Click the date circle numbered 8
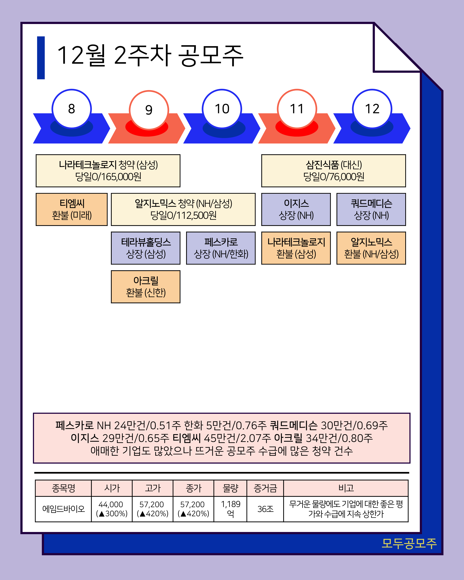point(71,109)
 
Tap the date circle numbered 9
point(149,110)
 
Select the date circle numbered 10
point(222,109)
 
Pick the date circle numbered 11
point(297,109)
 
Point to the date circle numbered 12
point(372,109)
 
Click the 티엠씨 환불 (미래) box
point(71,209)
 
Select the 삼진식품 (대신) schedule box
point(334,171)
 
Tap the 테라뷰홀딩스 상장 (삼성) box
point(146,248)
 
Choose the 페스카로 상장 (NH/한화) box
point(221,248)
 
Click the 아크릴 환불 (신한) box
point(146,287)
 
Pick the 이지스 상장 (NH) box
point(296,209)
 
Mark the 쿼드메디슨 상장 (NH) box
point(371,209)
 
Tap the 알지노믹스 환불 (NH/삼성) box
point(371,248)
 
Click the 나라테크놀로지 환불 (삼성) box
point(296,248)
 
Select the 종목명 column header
point(63,488)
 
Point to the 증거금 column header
point(265,488)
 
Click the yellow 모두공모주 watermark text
point(409,543)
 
